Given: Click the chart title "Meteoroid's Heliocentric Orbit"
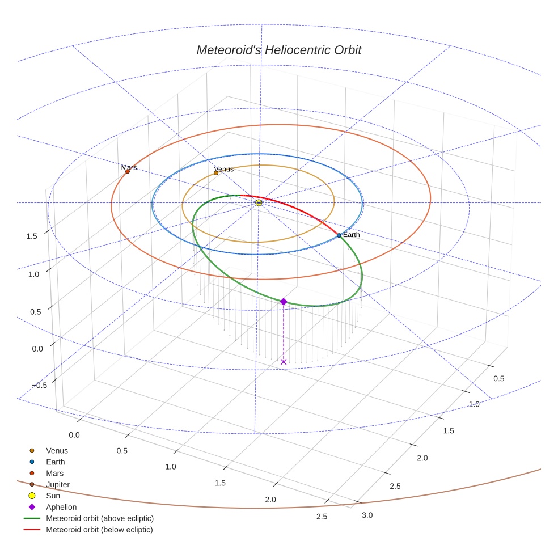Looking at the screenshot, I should point(278,50).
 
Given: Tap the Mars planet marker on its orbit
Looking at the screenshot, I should point(127,171).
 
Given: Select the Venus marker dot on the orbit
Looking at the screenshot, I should point(216,172).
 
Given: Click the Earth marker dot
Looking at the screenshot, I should point(339,235).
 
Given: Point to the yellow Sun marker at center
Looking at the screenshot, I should point(259,202).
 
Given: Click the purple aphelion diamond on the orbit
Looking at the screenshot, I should point(284,302).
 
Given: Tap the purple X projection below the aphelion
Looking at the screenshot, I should point(284,362).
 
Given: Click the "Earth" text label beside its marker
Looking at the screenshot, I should point(351,235).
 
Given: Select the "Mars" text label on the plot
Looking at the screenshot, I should point(129,167).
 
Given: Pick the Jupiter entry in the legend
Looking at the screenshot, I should point(58,484).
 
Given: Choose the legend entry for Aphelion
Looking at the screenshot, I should point(61,507).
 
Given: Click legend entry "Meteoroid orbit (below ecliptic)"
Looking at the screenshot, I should point(99,530).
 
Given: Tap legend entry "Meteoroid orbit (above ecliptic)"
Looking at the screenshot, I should point(99,518).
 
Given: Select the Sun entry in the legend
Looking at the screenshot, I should point(53,496).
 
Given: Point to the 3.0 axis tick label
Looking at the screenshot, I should point(367,515).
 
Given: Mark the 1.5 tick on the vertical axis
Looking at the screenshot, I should point(32,236).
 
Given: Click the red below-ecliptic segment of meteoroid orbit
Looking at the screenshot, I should point(301,213).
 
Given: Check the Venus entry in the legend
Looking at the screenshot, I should point(57,450).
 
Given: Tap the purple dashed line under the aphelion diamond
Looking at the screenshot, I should point(284,332).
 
